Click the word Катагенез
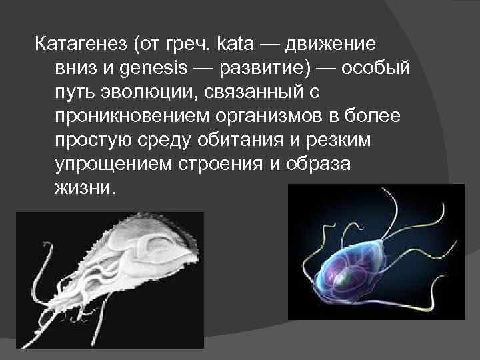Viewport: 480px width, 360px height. (81, 45)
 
